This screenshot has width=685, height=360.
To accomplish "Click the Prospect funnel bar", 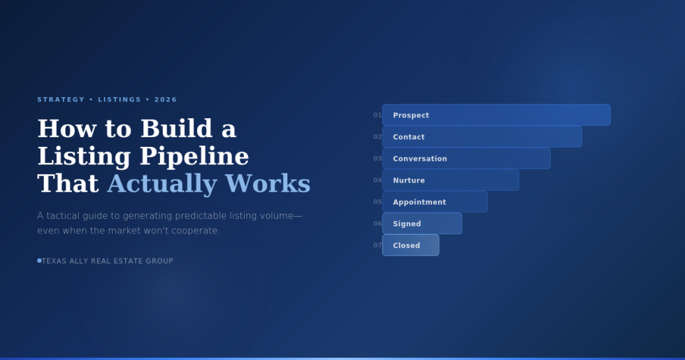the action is point(496,115).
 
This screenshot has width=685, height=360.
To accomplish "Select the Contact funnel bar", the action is point(482,137).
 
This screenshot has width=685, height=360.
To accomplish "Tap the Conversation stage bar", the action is point(466,158).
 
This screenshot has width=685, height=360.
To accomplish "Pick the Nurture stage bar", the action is point(450,180).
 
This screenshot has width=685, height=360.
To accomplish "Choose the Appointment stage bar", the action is point(435,202).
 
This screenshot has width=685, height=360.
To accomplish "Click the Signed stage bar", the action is point(422,223).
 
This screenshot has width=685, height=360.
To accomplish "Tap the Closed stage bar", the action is point(411,245).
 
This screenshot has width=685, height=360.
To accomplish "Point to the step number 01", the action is point(377,115).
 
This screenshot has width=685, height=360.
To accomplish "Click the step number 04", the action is point(377,180).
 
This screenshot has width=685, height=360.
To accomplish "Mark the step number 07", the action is point(377,245).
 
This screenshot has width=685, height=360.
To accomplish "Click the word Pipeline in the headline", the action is point(194,157).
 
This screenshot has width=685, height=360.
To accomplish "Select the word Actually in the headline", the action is point(162,184).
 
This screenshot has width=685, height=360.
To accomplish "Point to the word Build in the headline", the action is point(176,129).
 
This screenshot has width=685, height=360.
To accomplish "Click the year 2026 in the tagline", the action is point(166,99).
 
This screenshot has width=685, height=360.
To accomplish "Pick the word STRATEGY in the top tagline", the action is point(61,99).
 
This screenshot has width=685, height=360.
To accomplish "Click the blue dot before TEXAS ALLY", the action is point(39,261).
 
